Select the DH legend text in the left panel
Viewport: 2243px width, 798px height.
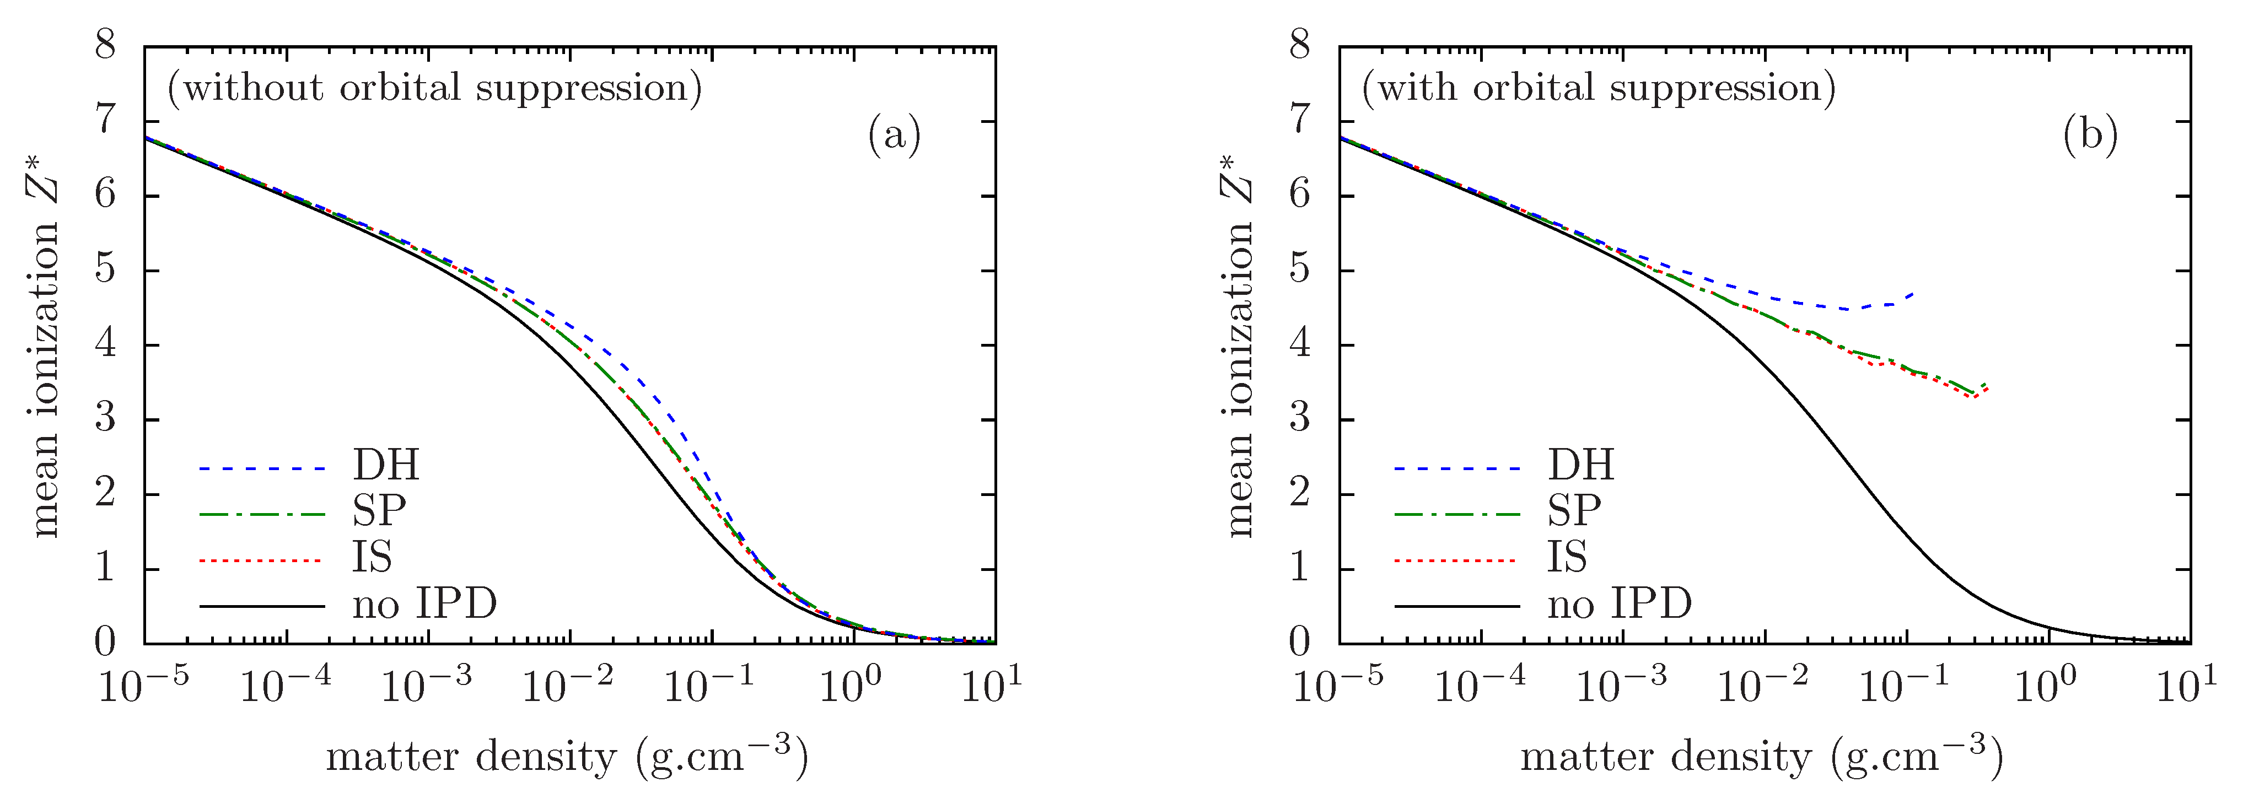(x=386, y=466)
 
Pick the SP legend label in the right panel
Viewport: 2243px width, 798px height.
(x=1573, y=511)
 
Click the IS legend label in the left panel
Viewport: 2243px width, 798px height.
(x=372, y=558)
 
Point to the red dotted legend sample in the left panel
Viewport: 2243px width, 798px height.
(x=261, y=561)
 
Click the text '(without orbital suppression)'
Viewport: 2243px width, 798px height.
(x=434, y=88)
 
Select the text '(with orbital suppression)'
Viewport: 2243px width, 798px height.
(x=1599, y=88)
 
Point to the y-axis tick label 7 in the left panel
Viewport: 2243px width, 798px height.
(x=105, y=120)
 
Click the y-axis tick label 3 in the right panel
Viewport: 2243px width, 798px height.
(x=1300, y=419)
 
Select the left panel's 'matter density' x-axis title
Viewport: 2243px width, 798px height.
(x=567, y=756)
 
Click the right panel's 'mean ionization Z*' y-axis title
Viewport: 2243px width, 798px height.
(x=1238, y=346)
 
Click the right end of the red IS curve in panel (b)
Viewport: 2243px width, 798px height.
(x=1987, y=388)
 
